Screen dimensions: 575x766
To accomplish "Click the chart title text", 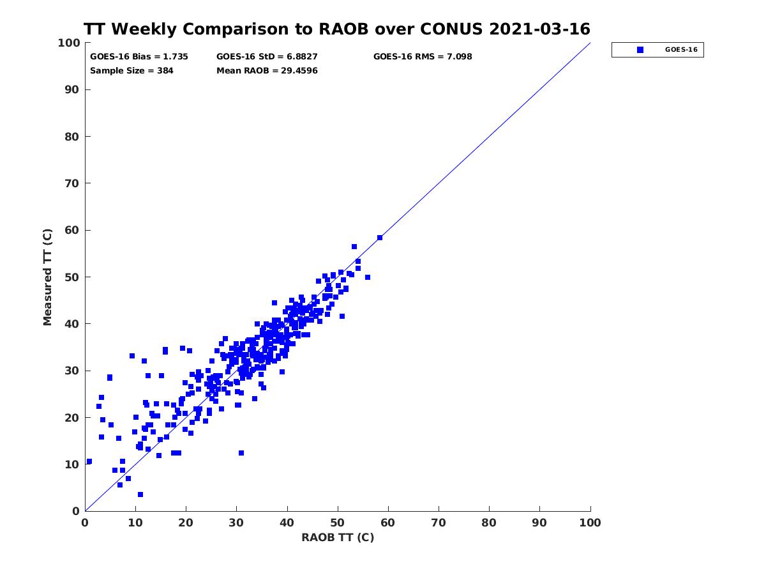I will click(337, 29).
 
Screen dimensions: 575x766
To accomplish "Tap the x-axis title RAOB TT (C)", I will click(337, 537).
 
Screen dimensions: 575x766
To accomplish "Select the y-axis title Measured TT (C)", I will click(48, 278).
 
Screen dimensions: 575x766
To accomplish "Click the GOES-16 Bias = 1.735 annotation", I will click(139, 56).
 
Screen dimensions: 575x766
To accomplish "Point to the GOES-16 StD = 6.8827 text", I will click(267, 56).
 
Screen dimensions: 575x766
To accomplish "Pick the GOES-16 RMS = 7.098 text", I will click(423, 56).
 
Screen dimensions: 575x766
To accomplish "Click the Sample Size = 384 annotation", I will click(131, 70).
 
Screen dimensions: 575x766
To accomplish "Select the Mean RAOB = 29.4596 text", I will click(267, 70).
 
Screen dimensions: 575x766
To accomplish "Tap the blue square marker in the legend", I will click(640, 50).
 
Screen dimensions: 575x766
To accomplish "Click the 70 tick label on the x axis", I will click(439, 523).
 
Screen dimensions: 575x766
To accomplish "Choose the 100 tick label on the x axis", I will click(590, 523).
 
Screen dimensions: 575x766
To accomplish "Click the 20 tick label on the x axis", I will click(186, 523).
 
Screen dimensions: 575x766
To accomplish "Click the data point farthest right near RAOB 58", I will click(380, 238).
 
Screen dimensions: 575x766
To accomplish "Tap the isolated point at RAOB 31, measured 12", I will click(241, 453).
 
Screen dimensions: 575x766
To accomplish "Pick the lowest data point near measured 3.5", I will click(140, 494).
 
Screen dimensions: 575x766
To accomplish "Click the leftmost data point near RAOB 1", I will click(89, 461).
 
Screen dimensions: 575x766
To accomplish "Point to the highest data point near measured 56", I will click(354, 247).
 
